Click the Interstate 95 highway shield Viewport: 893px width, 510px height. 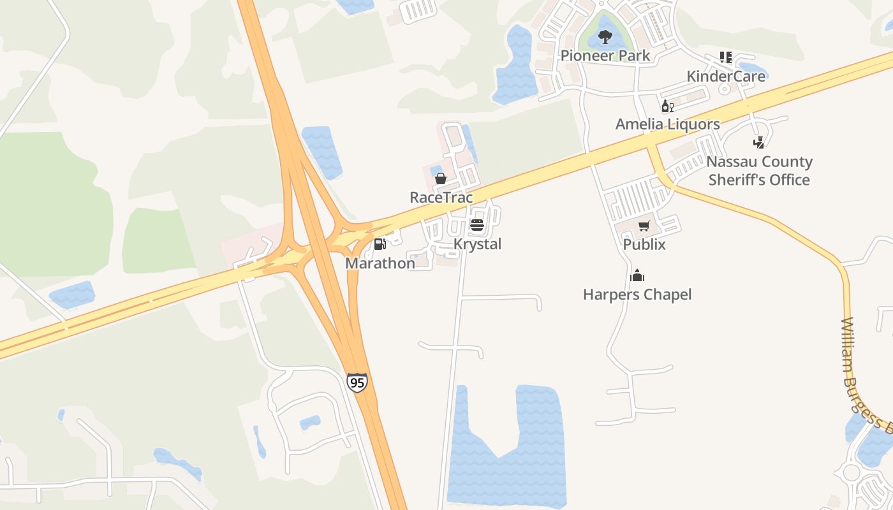357,382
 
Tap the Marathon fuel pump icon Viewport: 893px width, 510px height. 380,244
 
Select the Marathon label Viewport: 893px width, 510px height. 380,263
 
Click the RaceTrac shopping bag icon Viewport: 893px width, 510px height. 440,178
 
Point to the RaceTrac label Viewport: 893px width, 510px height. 441,197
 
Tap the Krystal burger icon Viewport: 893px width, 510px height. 476,225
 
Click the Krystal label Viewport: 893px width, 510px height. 477,244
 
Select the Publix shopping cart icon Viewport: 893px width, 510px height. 644,226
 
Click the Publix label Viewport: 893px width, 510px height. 644,244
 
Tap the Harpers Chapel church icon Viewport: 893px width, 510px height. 637,275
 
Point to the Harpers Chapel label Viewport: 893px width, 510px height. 637,294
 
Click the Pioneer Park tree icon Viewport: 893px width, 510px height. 605,37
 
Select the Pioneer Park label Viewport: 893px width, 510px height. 605,55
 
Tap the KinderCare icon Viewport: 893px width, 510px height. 726,57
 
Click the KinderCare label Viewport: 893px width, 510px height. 726,76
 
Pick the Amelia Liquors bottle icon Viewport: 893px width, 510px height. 667,106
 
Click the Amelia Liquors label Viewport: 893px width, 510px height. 667,124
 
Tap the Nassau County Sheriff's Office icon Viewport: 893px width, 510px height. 758,142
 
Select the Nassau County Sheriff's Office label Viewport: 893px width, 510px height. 759,170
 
